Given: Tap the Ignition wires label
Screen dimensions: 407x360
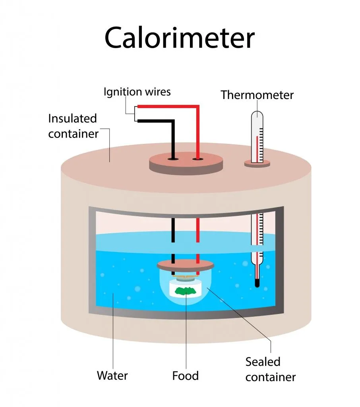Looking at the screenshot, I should click(137, 92).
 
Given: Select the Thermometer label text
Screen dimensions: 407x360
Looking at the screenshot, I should click(257, 95).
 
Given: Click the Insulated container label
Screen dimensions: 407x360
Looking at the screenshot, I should click(73, 126).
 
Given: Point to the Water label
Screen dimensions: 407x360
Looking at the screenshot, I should click(112, 375).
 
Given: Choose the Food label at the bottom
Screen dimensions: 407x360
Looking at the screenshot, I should click(185, 375).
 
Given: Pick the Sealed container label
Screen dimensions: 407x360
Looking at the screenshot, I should click(270, 369).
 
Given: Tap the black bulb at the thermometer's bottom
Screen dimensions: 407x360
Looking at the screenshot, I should click(257, 283).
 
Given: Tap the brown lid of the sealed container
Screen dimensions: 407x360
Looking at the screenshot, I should click(186, 264).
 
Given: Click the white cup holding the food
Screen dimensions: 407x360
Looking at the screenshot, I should click(186, 289).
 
